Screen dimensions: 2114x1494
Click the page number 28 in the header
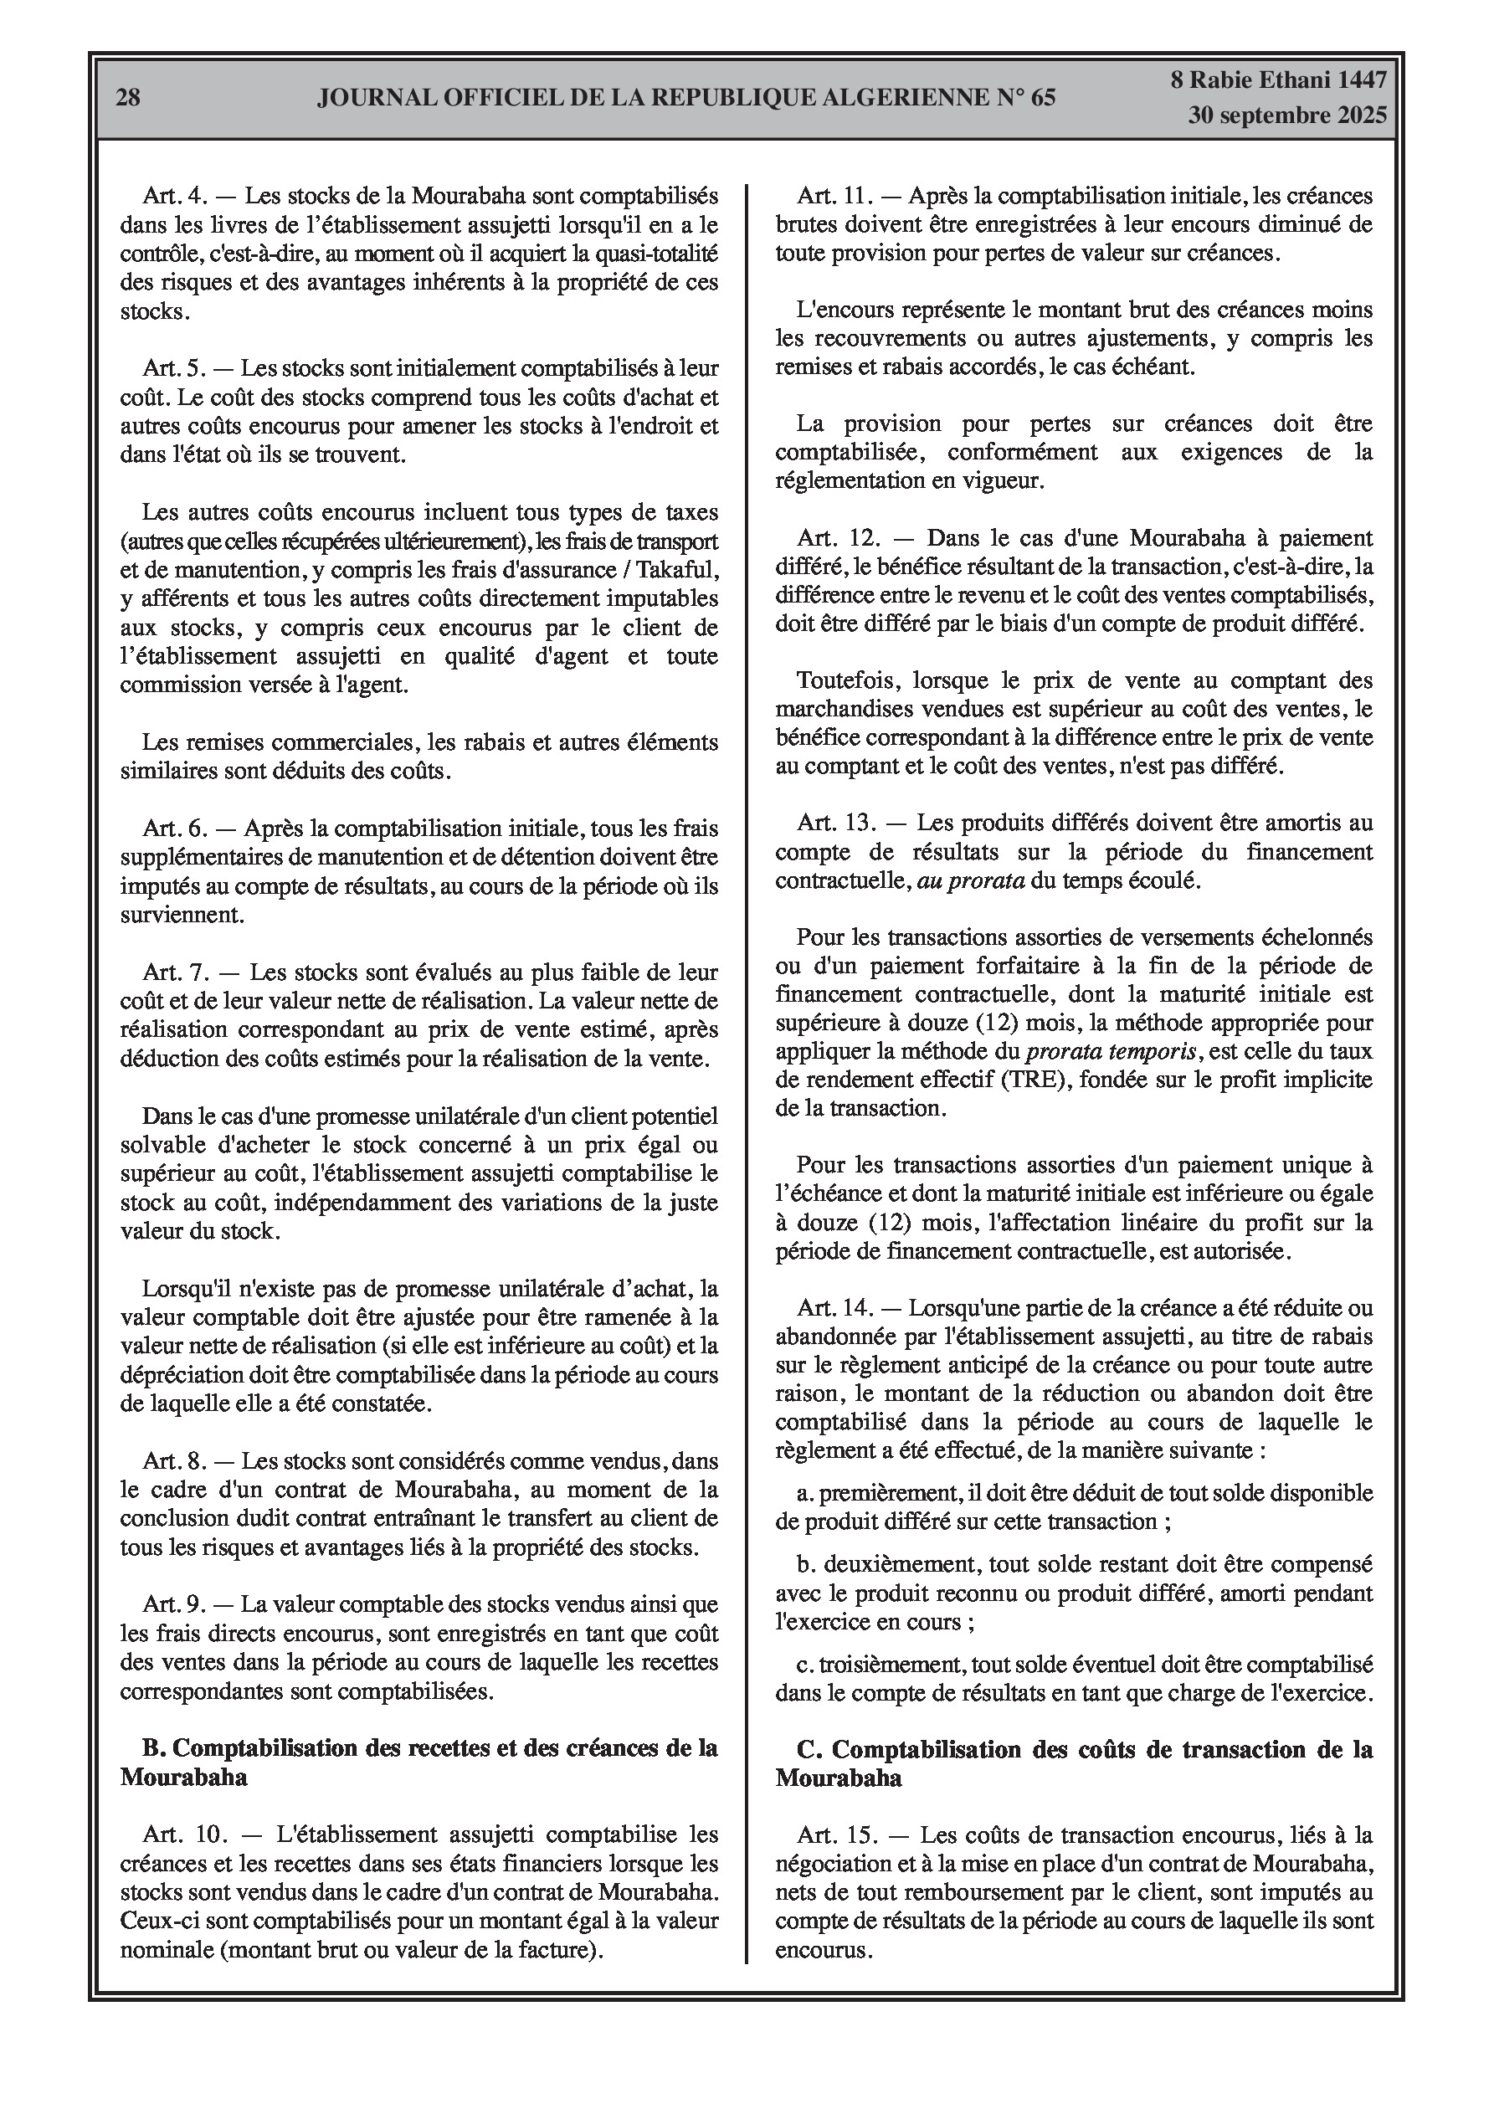(128, 98)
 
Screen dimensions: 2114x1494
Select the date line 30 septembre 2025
(1286, 116)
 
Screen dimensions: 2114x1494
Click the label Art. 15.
(834, 1835)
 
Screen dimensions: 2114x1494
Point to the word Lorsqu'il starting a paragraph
(186, 1287)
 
